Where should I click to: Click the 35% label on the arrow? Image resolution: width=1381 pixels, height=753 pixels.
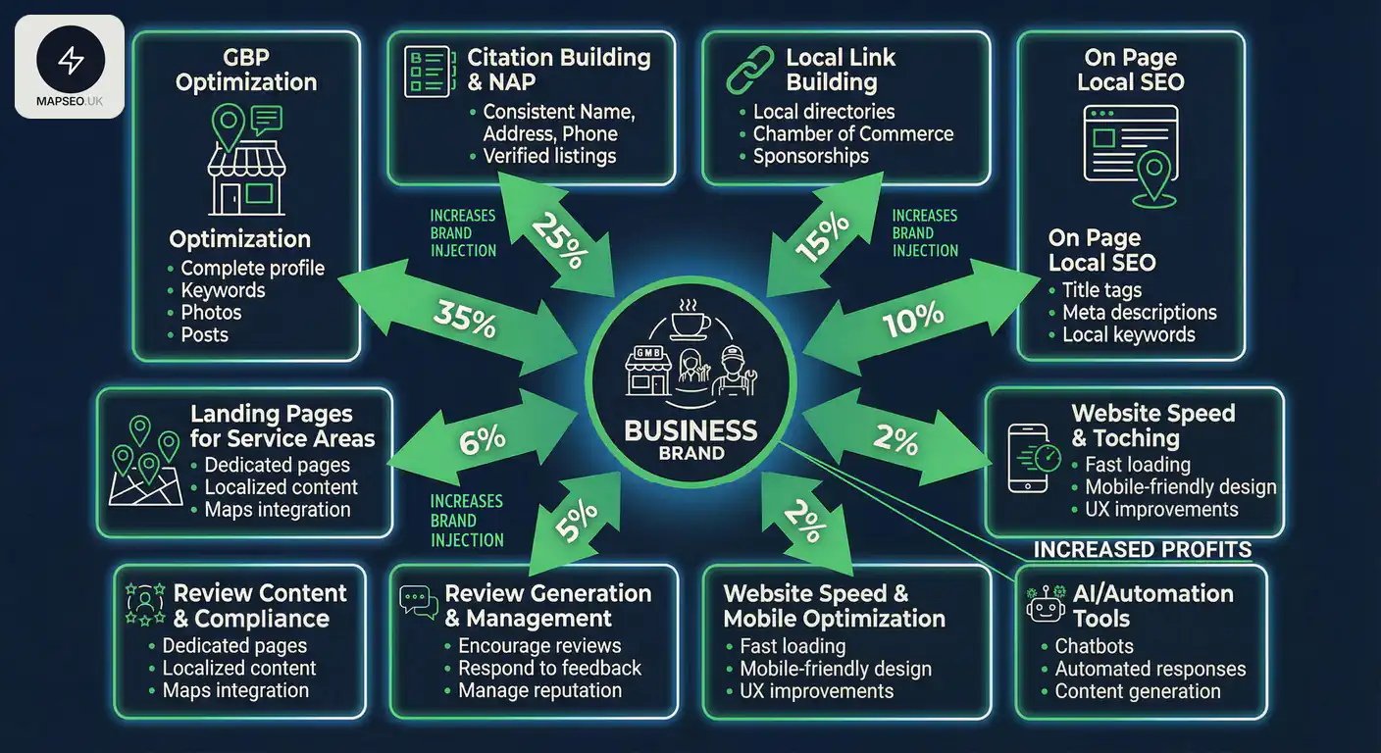point(464,320)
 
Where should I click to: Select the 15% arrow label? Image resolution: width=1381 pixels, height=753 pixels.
point(822,238)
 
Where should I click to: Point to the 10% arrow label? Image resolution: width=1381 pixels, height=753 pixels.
point(913,318)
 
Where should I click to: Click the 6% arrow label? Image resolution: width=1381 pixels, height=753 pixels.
point(482,439)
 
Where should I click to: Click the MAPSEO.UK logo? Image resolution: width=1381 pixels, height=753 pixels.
point(70,67)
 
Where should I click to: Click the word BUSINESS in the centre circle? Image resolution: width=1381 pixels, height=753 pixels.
point(690,430)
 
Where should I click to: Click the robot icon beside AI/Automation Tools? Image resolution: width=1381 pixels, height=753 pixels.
point(1046,605)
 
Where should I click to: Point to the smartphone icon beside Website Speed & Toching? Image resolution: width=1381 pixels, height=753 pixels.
point(1030,458)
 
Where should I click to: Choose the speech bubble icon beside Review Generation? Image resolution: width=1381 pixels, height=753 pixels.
point(419,601)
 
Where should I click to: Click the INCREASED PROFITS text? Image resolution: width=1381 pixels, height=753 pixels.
point(1143,549)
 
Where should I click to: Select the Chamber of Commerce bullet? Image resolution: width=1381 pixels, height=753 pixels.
point(852,133)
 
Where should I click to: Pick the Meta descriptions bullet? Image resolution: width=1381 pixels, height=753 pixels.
point(1139,312)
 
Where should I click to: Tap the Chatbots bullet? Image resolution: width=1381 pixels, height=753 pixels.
point(1094,646)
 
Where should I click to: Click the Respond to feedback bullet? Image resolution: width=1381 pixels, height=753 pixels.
point(549,668)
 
